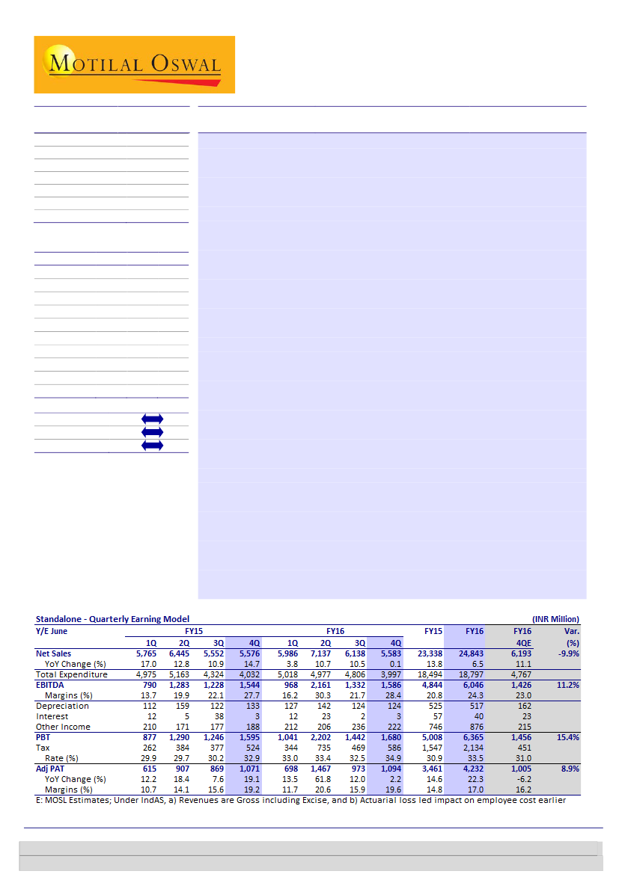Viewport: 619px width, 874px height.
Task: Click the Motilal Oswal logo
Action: (134, 64)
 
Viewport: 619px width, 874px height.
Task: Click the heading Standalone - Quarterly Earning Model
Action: (112, 619)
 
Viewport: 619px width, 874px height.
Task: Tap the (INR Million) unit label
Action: (555, 619)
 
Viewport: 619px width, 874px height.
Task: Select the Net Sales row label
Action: (54, 653)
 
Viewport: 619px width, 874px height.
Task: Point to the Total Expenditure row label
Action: (72, 674)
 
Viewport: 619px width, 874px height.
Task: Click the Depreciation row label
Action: (62, 706)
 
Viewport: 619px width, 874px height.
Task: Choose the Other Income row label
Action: (63, 727)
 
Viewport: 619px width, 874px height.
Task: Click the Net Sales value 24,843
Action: (469, 653)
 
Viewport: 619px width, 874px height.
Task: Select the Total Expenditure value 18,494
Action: (430, 674)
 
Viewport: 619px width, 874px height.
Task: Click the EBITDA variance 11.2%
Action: (567, 685)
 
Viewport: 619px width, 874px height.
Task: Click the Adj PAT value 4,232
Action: (471, 769)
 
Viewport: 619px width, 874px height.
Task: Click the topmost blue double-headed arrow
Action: (152, 419)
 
